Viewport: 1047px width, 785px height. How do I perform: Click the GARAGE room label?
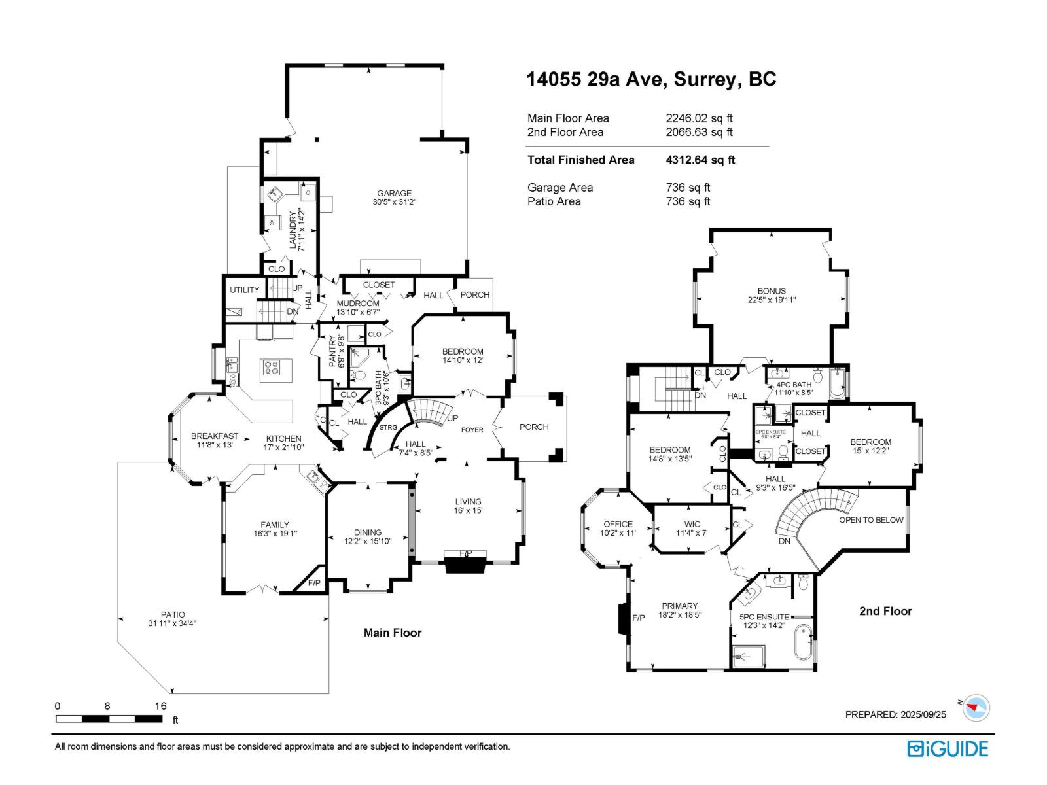[394, 194]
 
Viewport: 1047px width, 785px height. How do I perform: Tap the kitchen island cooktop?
[271, 368]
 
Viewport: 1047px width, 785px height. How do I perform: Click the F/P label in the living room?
[465, 554]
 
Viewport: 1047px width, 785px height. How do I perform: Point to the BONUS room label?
[772, 291]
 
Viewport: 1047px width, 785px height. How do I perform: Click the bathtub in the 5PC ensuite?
[802, 643]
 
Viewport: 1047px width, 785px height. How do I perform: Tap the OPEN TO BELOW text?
[871, 520]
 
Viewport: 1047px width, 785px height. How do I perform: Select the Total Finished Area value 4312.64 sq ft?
[700, 160]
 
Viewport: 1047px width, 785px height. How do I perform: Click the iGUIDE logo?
[948, 749]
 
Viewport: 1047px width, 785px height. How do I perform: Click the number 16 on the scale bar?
[160, 706]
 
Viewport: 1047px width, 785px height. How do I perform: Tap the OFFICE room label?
[618, 524]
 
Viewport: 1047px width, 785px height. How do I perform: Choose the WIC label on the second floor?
[692, 524]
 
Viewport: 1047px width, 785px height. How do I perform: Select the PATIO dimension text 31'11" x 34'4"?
[172, 623]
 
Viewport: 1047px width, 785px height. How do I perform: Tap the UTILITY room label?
[244, 290]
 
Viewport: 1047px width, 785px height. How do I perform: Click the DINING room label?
[368, 532]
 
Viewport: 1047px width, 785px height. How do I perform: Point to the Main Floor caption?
[393, 633]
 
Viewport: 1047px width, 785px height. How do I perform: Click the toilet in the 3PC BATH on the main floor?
[359, 375]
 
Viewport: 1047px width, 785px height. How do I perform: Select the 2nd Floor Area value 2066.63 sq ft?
[699, 132]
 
